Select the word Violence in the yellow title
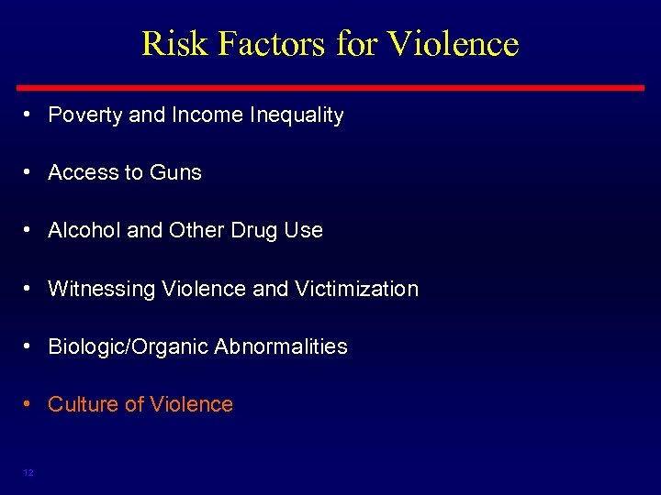point(454,43)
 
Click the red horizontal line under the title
point(330,87)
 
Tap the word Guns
point(177,172)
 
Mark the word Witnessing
point(101,289)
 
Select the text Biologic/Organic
point(128,346)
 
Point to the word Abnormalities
point(281,346)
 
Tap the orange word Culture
point(81,404)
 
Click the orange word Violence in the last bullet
point(190,404)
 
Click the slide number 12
point(28,472)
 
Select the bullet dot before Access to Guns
point(30,172)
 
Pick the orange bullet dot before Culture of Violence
point(30,404)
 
